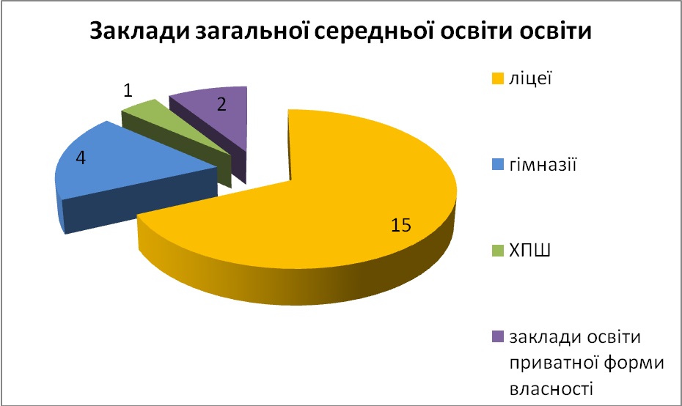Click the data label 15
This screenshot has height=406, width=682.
click(400, 225)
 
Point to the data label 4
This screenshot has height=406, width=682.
click(81, 158)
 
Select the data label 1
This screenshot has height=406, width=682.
click(128, 91)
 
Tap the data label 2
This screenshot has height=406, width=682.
click(221, 104)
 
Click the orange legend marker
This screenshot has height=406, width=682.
click(498, 78)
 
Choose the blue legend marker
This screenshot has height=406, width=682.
click(498, 165)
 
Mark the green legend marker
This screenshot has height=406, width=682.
click(498, 251)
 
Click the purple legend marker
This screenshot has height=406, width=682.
click(498, 337)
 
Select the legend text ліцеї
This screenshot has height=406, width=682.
click(530, 78)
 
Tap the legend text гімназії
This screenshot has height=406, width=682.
click(543, 165)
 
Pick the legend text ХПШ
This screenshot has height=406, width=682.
click(529, 251)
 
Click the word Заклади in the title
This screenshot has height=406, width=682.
click(139, 32)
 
